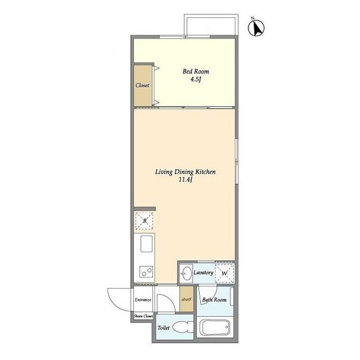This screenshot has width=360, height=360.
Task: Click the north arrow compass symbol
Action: [256, 28]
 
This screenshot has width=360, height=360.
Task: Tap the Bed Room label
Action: [196, 71]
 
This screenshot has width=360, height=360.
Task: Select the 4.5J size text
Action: [196, 79]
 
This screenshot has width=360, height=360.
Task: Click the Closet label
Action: [142, 85]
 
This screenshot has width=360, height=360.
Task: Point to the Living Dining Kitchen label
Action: [185, 172]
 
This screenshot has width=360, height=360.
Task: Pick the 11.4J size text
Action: [185, 179]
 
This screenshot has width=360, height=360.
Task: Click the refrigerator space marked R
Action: [145, 221]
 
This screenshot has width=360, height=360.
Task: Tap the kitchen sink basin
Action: [146, 244]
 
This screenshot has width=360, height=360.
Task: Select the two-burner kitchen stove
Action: [146, 272]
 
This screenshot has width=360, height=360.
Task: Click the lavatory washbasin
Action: [186, 273]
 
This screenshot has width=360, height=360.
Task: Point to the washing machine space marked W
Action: [224, 273]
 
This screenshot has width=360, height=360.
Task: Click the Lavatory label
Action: [203, 273]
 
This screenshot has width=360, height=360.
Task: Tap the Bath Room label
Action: [214, 299]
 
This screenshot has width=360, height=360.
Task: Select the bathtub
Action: [215, 328]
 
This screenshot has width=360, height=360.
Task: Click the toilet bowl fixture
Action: [183, 327]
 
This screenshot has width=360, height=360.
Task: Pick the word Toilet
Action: [163, 328]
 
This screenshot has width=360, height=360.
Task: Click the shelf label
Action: [186, 299]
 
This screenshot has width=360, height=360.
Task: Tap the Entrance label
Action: [143, 299]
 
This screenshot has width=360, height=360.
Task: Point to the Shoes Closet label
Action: [143, 316]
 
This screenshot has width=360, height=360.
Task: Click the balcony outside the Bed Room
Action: [211, 25]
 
